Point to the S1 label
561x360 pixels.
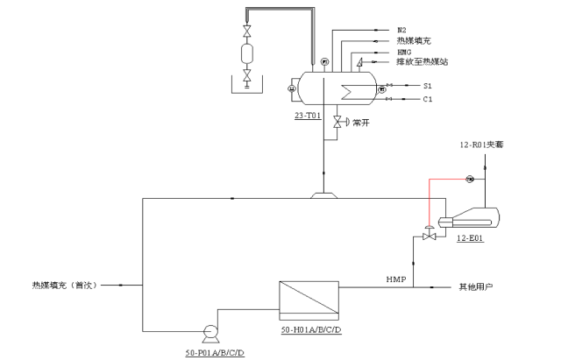click(428, 86)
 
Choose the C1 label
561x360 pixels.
click(428, 100)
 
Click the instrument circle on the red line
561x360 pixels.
click(469, 180)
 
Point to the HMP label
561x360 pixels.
click(396, 279)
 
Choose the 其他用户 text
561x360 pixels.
click(477, 286)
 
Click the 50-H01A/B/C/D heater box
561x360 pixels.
click(309, 300)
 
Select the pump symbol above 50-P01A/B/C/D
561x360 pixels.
click(210, 332)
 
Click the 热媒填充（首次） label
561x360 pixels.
click(67, 285)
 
